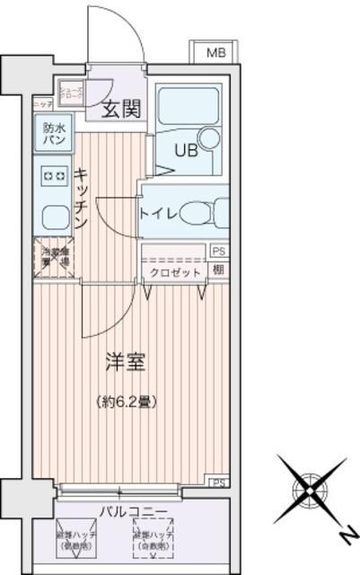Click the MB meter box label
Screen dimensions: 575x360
tap(215, 53)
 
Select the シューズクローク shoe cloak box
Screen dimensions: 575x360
tap(71, 93)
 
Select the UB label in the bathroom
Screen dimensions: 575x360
tap(173, 149)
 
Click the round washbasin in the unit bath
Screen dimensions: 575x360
tap(210, 138)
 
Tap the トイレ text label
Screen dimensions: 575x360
tap(157, 213)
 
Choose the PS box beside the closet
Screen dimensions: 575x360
tap(219, 252)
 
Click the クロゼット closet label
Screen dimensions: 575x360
tap(174, 271)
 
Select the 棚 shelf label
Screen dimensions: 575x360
tap(219, 270)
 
